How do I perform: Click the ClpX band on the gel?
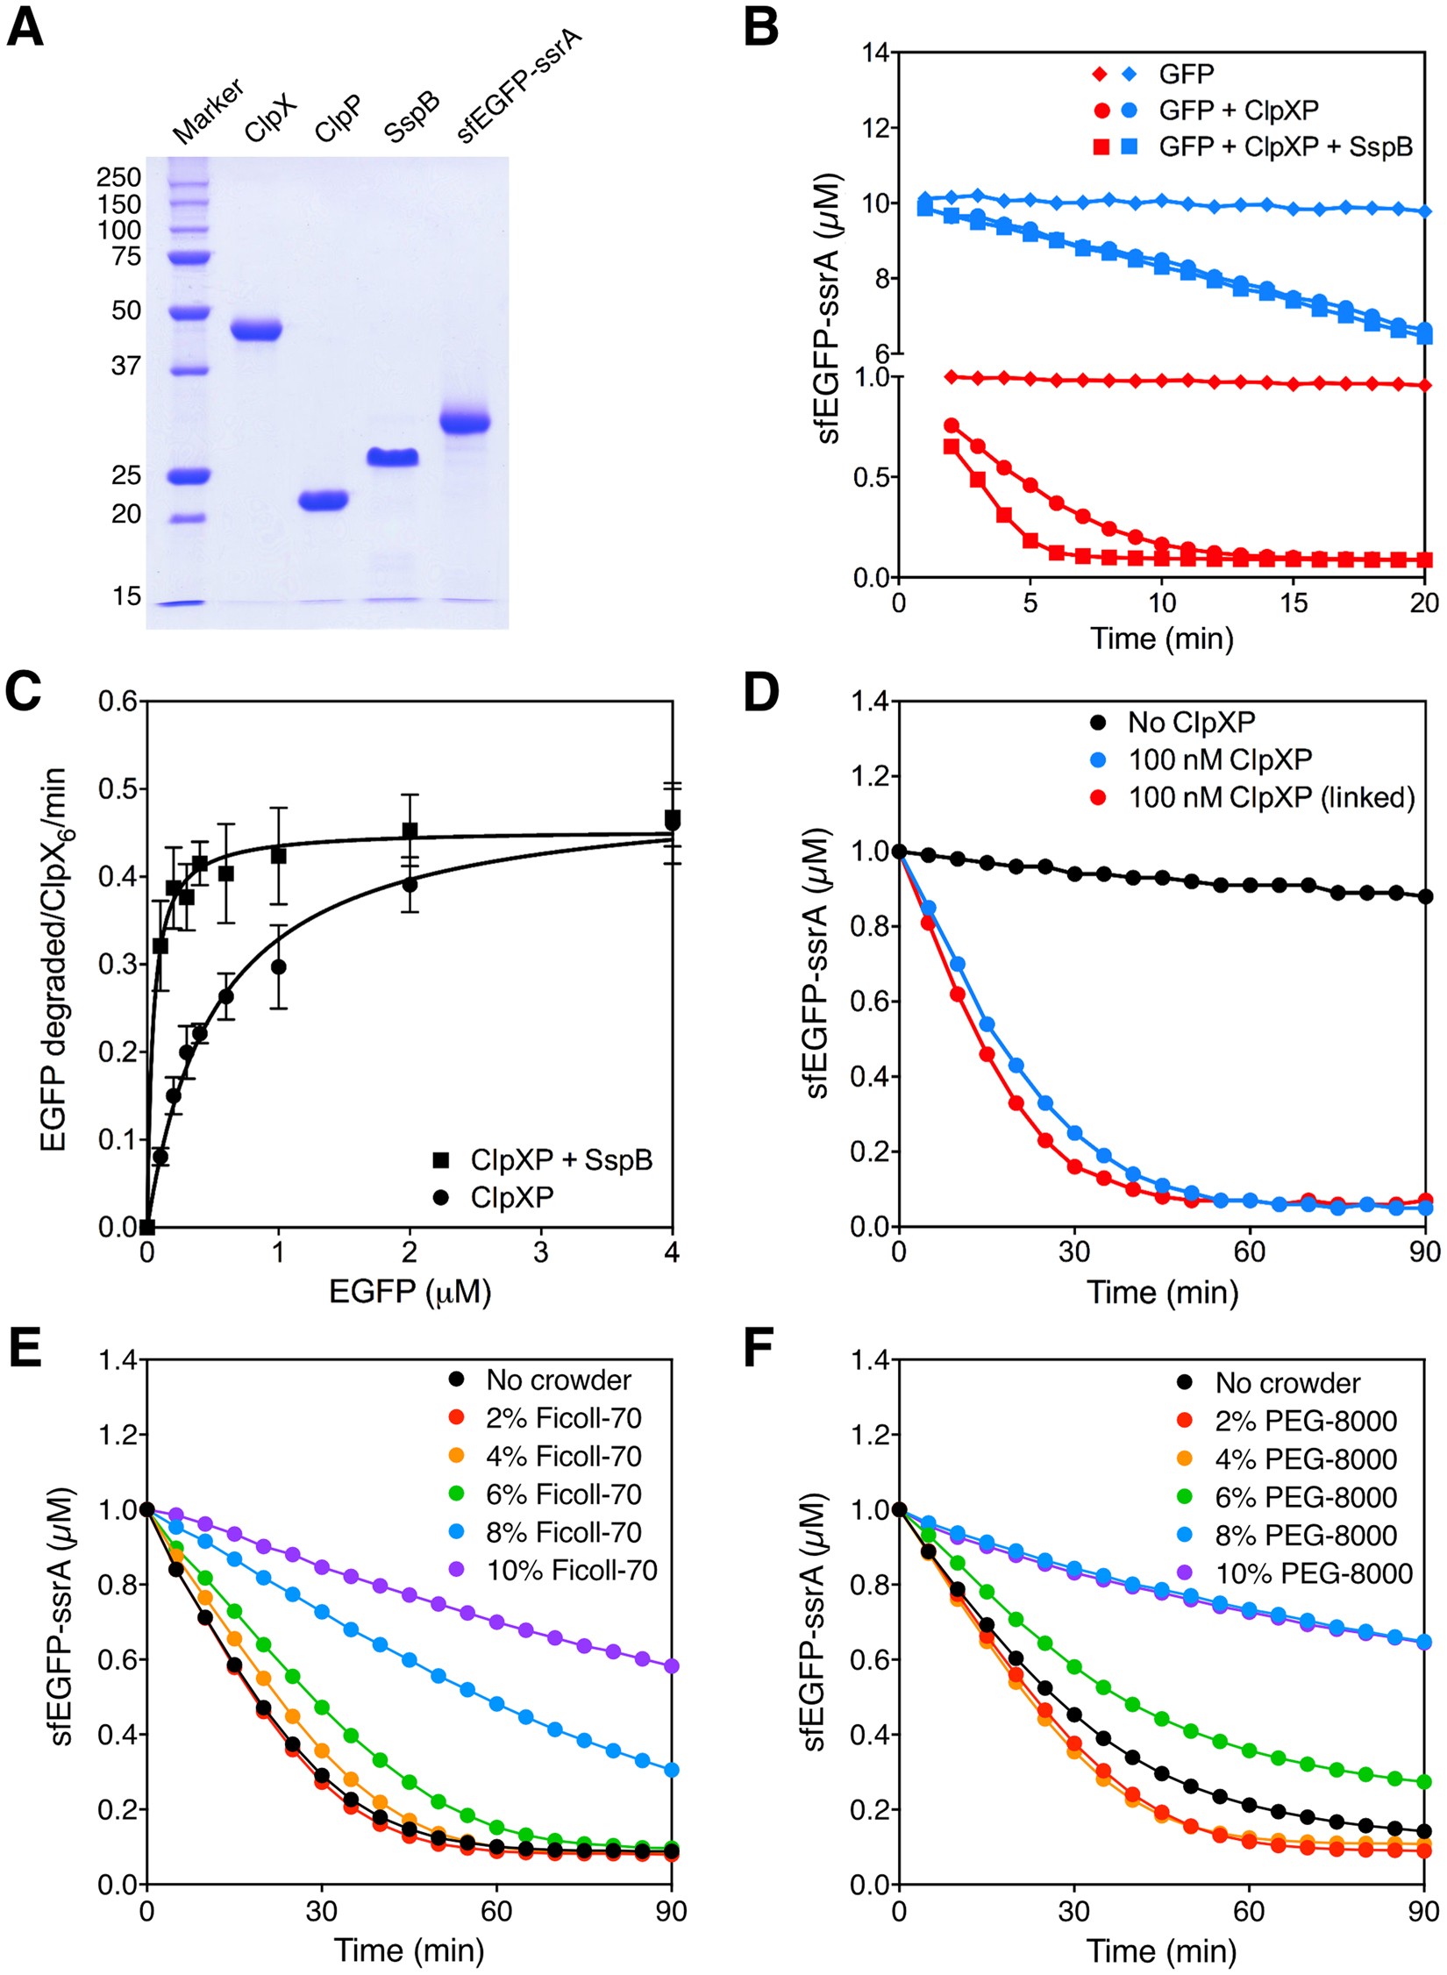[255, 331]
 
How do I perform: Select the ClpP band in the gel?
[324, 501]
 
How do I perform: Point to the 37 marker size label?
[126, 366]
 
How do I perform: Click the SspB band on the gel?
[392, 457]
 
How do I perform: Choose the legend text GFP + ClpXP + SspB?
[1285, 146]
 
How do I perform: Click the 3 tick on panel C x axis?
[540, 1252]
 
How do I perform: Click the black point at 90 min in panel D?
[1425, 896]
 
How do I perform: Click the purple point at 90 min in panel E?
[672, 1666]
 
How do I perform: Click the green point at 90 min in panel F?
[1425, 1782]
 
